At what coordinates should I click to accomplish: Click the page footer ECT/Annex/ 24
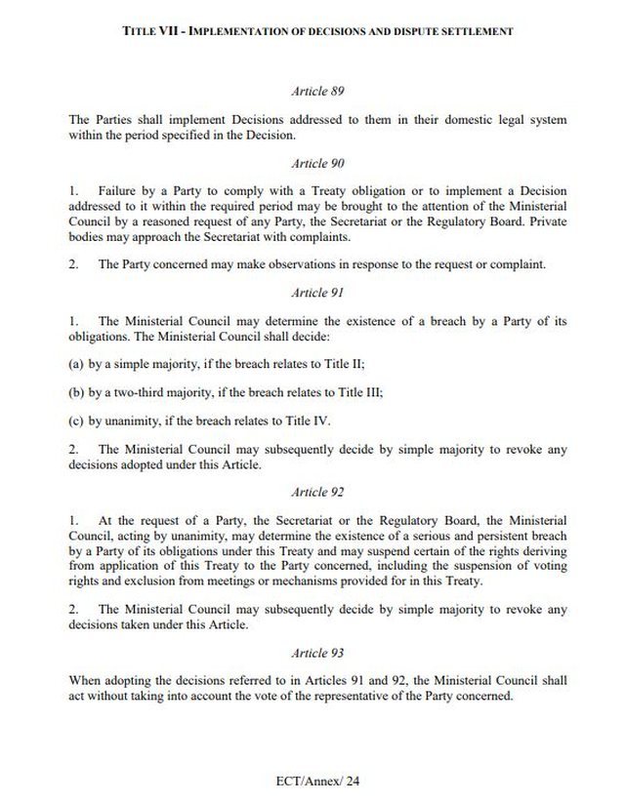317,782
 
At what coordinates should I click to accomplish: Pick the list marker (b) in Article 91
77,392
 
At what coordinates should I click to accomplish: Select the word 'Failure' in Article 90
117,192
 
